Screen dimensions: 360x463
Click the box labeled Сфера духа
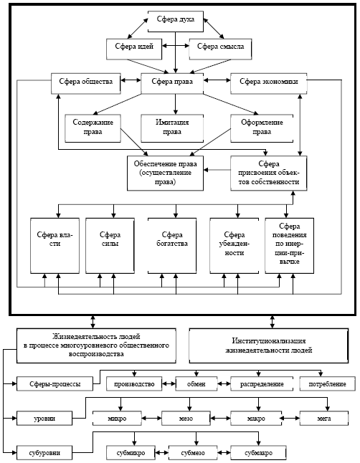176,22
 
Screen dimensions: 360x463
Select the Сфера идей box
134,49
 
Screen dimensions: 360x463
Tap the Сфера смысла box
220,49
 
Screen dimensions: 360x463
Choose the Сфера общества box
86,84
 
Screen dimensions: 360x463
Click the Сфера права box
172,84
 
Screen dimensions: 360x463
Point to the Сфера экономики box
269,84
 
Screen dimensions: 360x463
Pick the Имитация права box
172,128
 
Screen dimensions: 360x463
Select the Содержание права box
93,128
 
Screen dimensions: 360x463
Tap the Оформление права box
262,128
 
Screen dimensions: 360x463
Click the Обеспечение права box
165,173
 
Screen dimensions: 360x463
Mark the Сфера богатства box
172,246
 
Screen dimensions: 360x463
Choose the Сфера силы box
110,246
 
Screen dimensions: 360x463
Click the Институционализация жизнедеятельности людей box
269,345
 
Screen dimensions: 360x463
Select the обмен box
196,384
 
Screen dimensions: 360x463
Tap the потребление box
328,384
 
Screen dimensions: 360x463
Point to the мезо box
186,419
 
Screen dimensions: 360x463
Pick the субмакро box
258,453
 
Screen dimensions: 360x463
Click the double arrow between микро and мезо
151,419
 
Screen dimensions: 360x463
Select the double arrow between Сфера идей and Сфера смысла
176,46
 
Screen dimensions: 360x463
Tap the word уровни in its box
44,419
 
